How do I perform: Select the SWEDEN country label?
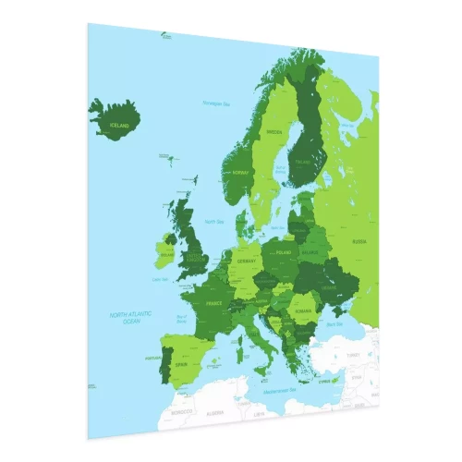(274, 132)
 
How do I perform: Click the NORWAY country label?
(242, 173)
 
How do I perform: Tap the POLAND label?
(285, 251)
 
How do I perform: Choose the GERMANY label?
(245, 261)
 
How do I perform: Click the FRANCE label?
(213, 303)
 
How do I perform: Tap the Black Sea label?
(335, 324)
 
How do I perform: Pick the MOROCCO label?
(183, 409)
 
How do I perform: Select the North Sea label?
(214, 222)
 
